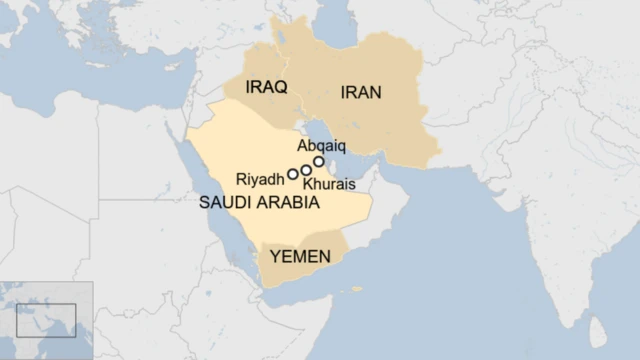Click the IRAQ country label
click(266, 88)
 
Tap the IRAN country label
click(361, 93)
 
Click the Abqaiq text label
click(321, 145)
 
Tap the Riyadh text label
click(259, 180)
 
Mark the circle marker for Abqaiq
click(319, 161)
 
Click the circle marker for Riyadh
click(293, 174)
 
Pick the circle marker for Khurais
click(306, 170)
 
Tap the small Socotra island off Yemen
click(357, 289)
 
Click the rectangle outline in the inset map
click(46, 319)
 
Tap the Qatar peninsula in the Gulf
click(339, 172)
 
